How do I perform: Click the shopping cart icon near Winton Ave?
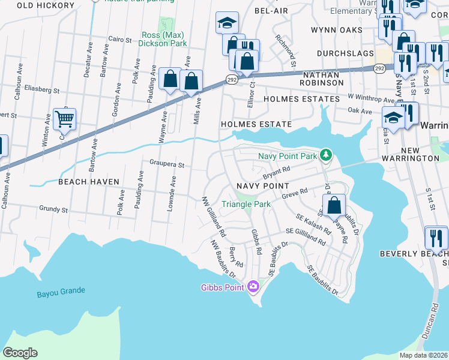64,118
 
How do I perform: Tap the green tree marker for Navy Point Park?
326,156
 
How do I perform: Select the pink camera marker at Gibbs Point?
253,286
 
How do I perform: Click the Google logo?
20,352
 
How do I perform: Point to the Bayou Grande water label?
60,291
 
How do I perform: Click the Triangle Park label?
246,204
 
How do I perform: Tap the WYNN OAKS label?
336,29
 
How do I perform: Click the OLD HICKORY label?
46,5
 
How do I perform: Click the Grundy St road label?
53,209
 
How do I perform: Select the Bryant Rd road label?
277,175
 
